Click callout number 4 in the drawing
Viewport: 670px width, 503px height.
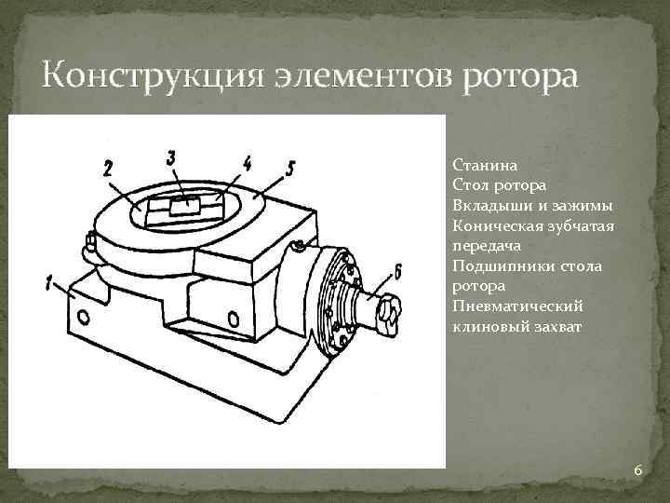[248, 164]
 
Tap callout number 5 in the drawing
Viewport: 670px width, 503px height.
[291, 169]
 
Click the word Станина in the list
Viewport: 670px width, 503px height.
[480, 167]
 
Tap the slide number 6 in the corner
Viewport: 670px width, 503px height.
[637, 470]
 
